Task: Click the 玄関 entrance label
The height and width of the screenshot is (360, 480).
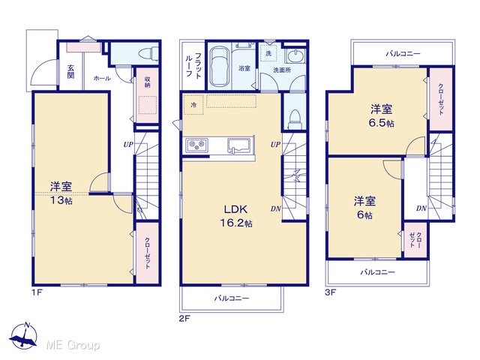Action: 70,72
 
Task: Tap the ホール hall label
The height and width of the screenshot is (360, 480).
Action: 102,78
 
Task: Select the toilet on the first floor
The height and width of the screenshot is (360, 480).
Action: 148,54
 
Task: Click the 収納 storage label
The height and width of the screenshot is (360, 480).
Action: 147,82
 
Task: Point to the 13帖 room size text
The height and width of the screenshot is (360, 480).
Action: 61,200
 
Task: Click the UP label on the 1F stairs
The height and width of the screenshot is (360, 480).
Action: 128,144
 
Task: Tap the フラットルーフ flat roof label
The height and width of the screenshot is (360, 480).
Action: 193,65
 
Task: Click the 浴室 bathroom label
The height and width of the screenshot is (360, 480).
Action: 244,68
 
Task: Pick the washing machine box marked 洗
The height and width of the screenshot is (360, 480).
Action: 268,53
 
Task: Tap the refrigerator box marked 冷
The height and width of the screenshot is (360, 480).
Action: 193,105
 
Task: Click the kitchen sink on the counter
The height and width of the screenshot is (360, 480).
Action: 238,145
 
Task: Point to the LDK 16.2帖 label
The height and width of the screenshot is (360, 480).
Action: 236,216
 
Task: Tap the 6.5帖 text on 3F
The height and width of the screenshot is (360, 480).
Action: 381,123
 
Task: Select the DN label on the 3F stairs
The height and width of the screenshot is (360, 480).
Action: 421,208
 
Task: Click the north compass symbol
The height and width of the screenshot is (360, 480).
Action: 23,336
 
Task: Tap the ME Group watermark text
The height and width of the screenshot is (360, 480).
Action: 73,346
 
